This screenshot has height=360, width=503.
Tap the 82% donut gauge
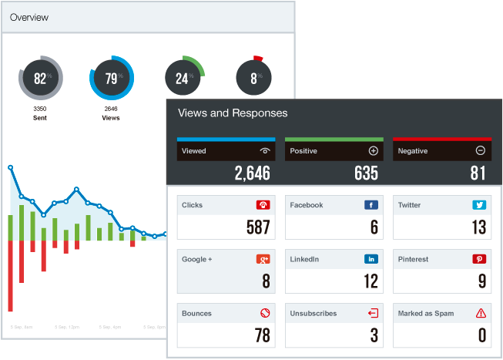pyautogui.click(x=40, y=79)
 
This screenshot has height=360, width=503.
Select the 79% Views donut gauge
pyautogui.click(x=112, y=79)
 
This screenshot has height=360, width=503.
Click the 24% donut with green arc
pyautogui.click(x=183, y=78)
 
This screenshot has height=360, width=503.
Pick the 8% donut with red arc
pyautogui.click(x=254, y=78)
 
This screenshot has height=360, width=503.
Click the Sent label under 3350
pyautogui.click(x=40, y=119)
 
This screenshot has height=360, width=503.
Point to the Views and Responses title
pyautogui.click(x=233, y=113)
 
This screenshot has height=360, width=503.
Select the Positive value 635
pyautogui.click(x=366, y=173)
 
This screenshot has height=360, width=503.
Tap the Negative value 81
pyautogui.click(x=478, y=173)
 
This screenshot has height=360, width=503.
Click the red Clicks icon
pyautogui.click(x=263, y=206)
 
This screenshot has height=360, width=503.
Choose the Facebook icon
pyautogui.click(x=371, y=206)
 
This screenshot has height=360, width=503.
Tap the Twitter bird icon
pyautogui.click(x=479, y=206)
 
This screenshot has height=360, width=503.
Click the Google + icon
pyautogui.click(x=263, y=260)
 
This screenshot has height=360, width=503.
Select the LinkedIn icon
pyautogui.click(x=371, y=260)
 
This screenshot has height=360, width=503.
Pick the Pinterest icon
pyautogui.click(x=479, y=260)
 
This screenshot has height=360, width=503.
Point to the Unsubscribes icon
pyautogui.click(x=373, y=314)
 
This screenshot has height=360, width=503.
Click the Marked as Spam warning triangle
pyautogui.click(x=481, y=314)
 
